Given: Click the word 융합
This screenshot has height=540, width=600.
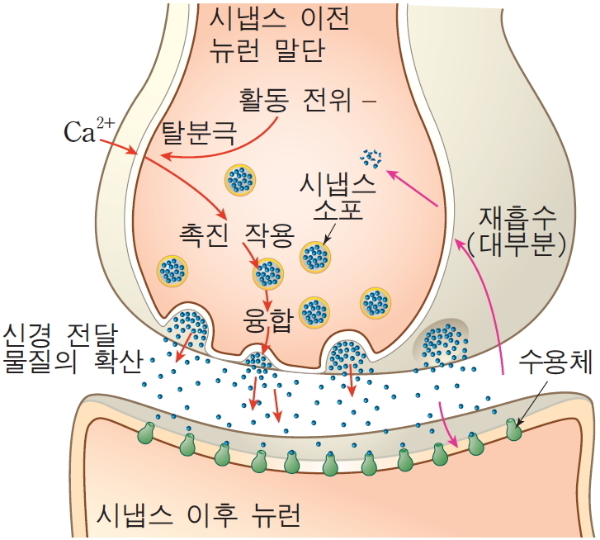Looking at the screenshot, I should click(269, 319).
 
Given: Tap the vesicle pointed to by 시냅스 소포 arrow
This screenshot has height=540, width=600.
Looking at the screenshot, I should click(314, 257).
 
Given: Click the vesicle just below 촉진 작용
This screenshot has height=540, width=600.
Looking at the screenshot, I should click(267, 273).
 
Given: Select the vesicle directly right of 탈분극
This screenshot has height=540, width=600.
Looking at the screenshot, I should click(240, 179).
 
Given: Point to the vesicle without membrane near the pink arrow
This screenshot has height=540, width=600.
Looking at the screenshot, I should click(371, 156).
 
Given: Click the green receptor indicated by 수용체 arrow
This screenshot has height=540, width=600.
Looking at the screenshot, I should click(513, 430).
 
